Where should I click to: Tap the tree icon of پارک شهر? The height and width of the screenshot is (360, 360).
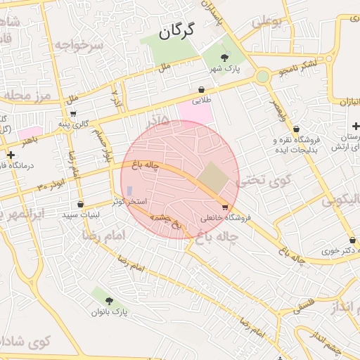click(x=224, y=57)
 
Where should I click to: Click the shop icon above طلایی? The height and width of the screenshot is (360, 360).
click(x=202, y=90)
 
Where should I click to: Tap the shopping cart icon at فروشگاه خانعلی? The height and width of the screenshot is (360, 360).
click(x=224, y=207)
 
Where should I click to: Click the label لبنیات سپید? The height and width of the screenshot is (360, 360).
click(x=80, y=214)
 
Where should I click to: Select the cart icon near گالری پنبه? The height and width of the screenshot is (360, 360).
click(x=73, y=113)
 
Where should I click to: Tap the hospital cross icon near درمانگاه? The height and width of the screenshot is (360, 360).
click(x=10, y=155)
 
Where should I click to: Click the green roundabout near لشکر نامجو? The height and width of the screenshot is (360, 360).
click(x=262, y=76)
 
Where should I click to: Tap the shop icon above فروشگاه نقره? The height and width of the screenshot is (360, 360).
click(x=297, y=129)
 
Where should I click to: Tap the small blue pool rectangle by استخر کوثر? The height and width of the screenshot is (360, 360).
click(x=129, y=191)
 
